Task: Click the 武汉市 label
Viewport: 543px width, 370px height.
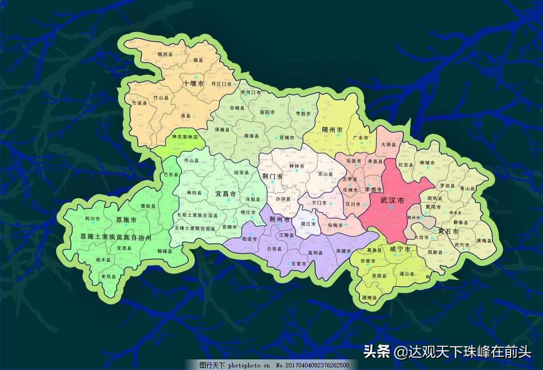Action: pyautogui.click(x=392, y=201)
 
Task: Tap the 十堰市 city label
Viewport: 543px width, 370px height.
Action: pyautogui.click(x=194, y=84)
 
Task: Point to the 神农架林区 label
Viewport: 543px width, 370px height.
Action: pyautogui.click(x=185, y=137)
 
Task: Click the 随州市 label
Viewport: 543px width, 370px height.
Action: pyautogui.click(x=332, y=129)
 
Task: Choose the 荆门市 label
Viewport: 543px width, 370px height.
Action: pyautogui.click(x=273, y=175)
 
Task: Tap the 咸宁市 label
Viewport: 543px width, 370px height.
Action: pyautogui.click(x=400, y=249)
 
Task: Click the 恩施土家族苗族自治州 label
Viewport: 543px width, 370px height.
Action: pyautogui.click(x=116, y=236)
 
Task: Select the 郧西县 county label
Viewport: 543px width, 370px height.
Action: pyautogui.click(x=153, y=54)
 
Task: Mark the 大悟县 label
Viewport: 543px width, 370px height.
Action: pyautogui.click(x=389, y=144)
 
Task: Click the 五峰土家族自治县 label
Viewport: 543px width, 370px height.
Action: pyautogui.click(x=195, y=228)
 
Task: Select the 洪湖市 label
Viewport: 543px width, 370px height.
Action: pyautogui.click(x=344, y=251)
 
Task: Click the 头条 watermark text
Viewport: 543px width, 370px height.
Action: pyautogui.click(x=377, y=351)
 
